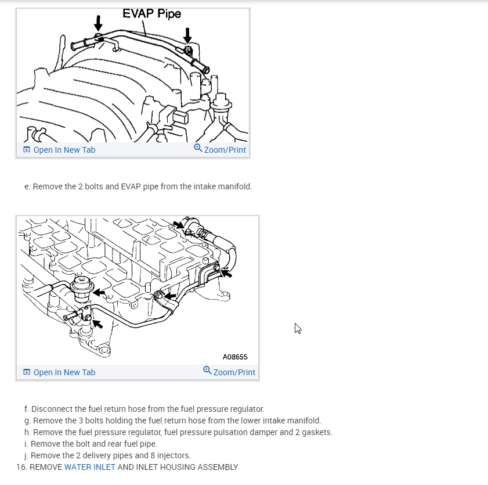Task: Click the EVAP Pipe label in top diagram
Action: pyautogui.click(x=152, y=13)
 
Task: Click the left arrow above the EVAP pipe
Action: pyautogui.click(x=98, y=23)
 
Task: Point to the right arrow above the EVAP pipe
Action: pyautogui.click(x=187, y=35)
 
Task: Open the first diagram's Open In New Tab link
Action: pyautogui.click(x=64, y=150)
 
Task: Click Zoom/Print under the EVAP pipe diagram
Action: pyautogui.click(x=225, y=150)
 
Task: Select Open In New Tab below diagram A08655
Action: pyautogui.click(x=64, y=372)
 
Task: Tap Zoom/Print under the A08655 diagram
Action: pyautogui.click(x=234, y=372)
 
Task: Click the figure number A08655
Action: pyautogui.click(x=235, y=357)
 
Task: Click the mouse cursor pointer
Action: pyautogui.click(x=298, y=328)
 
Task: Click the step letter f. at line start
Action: pyautogui.click(x=27, y=409)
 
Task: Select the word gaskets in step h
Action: pyautogui.click(x=318, y=432)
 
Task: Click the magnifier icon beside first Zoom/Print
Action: pyautogui.click(x=198, y=149)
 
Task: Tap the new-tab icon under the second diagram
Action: pyautogui.click(x=26, y=372)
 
